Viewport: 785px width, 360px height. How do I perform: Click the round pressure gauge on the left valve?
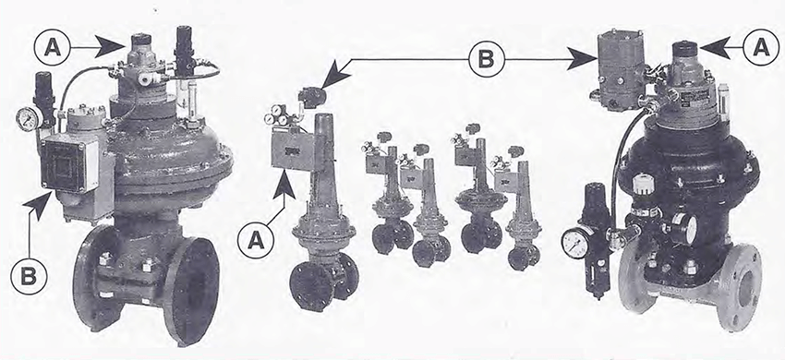(x=28, y=118)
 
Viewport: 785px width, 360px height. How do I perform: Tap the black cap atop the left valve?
(x=140, y=42)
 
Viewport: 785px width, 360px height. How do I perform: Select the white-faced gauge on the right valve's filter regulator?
(x=576, y=243)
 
